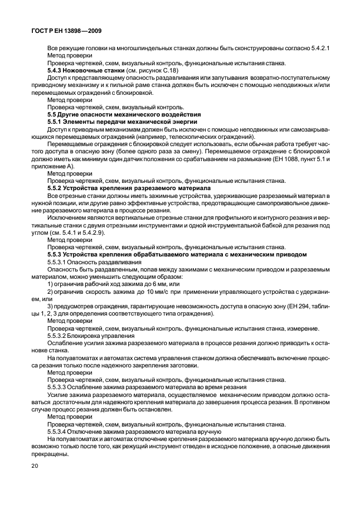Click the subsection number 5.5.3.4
coord(58,431)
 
